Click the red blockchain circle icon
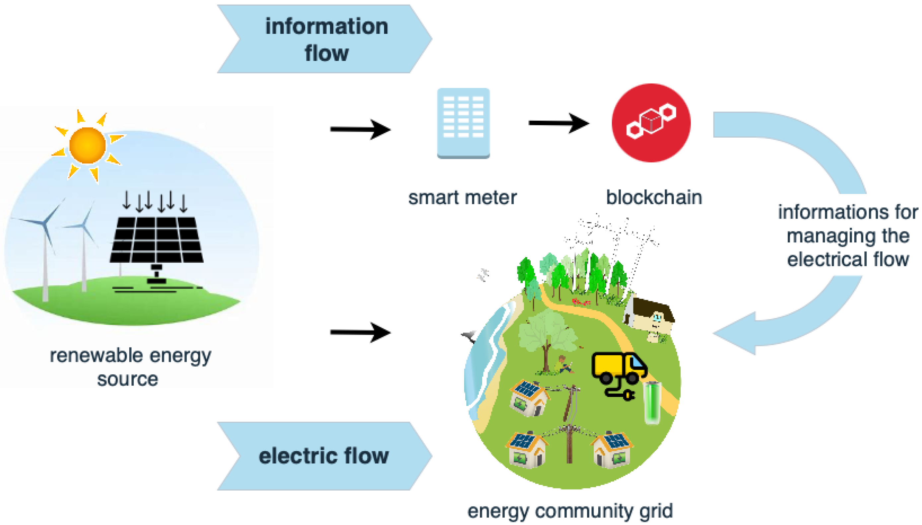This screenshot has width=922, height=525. (651, 123)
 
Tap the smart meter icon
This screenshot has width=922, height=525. (463, 123)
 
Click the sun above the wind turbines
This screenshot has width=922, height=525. (87, 145)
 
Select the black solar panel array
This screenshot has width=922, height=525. (157, 239)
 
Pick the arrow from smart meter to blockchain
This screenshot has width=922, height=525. (559, 123)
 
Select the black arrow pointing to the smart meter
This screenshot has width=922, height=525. (360, 129)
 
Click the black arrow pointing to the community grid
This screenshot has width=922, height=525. (360, 332)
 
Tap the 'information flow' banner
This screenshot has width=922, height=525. (324, 39)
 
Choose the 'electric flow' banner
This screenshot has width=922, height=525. (324, 456)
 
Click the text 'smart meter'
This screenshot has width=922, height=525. (462, 198)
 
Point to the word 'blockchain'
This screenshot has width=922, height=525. (654, 198)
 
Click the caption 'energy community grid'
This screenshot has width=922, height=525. (570, 511)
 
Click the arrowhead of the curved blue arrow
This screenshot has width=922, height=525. (736, 333)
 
